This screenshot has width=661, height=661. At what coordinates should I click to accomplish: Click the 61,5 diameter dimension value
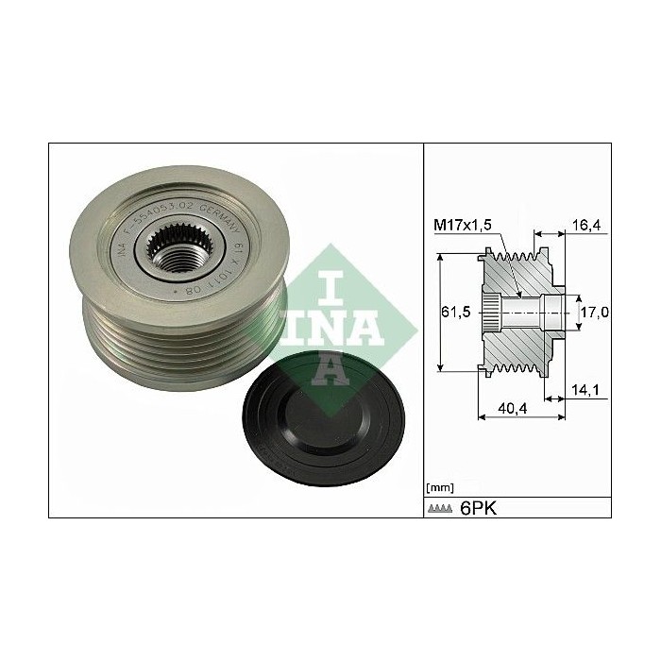[x=457, y=314]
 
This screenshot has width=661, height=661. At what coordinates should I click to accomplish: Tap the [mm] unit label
[x=439, y=488]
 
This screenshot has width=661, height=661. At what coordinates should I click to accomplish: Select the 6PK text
[x=478, y=508]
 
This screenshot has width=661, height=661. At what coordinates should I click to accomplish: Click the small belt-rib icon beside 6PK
[x=439, y=509]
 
